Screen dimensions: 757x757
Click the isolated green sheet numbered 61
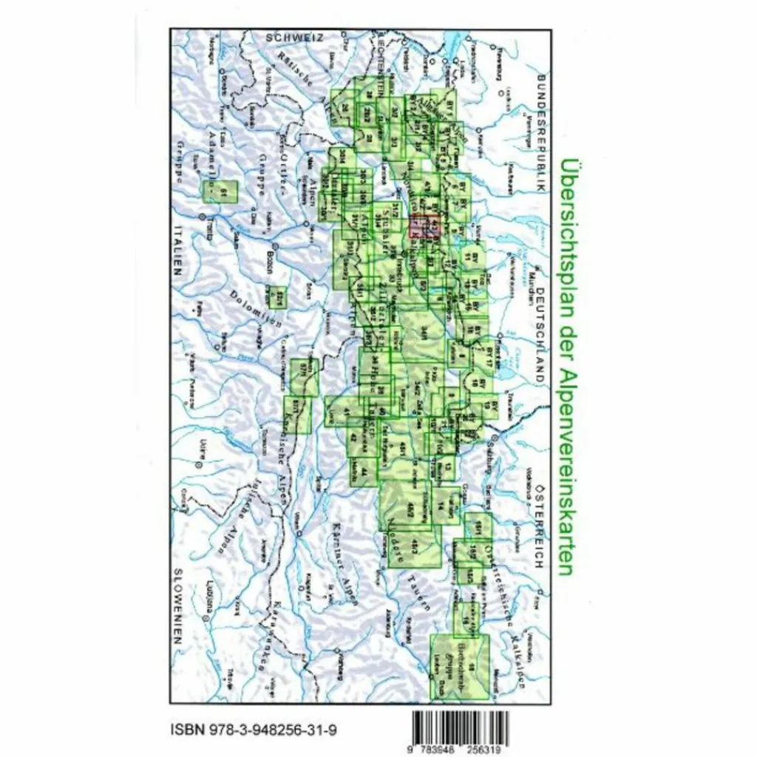click(220, 192)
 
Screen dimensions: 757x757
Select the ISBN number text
click(251, 731)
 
